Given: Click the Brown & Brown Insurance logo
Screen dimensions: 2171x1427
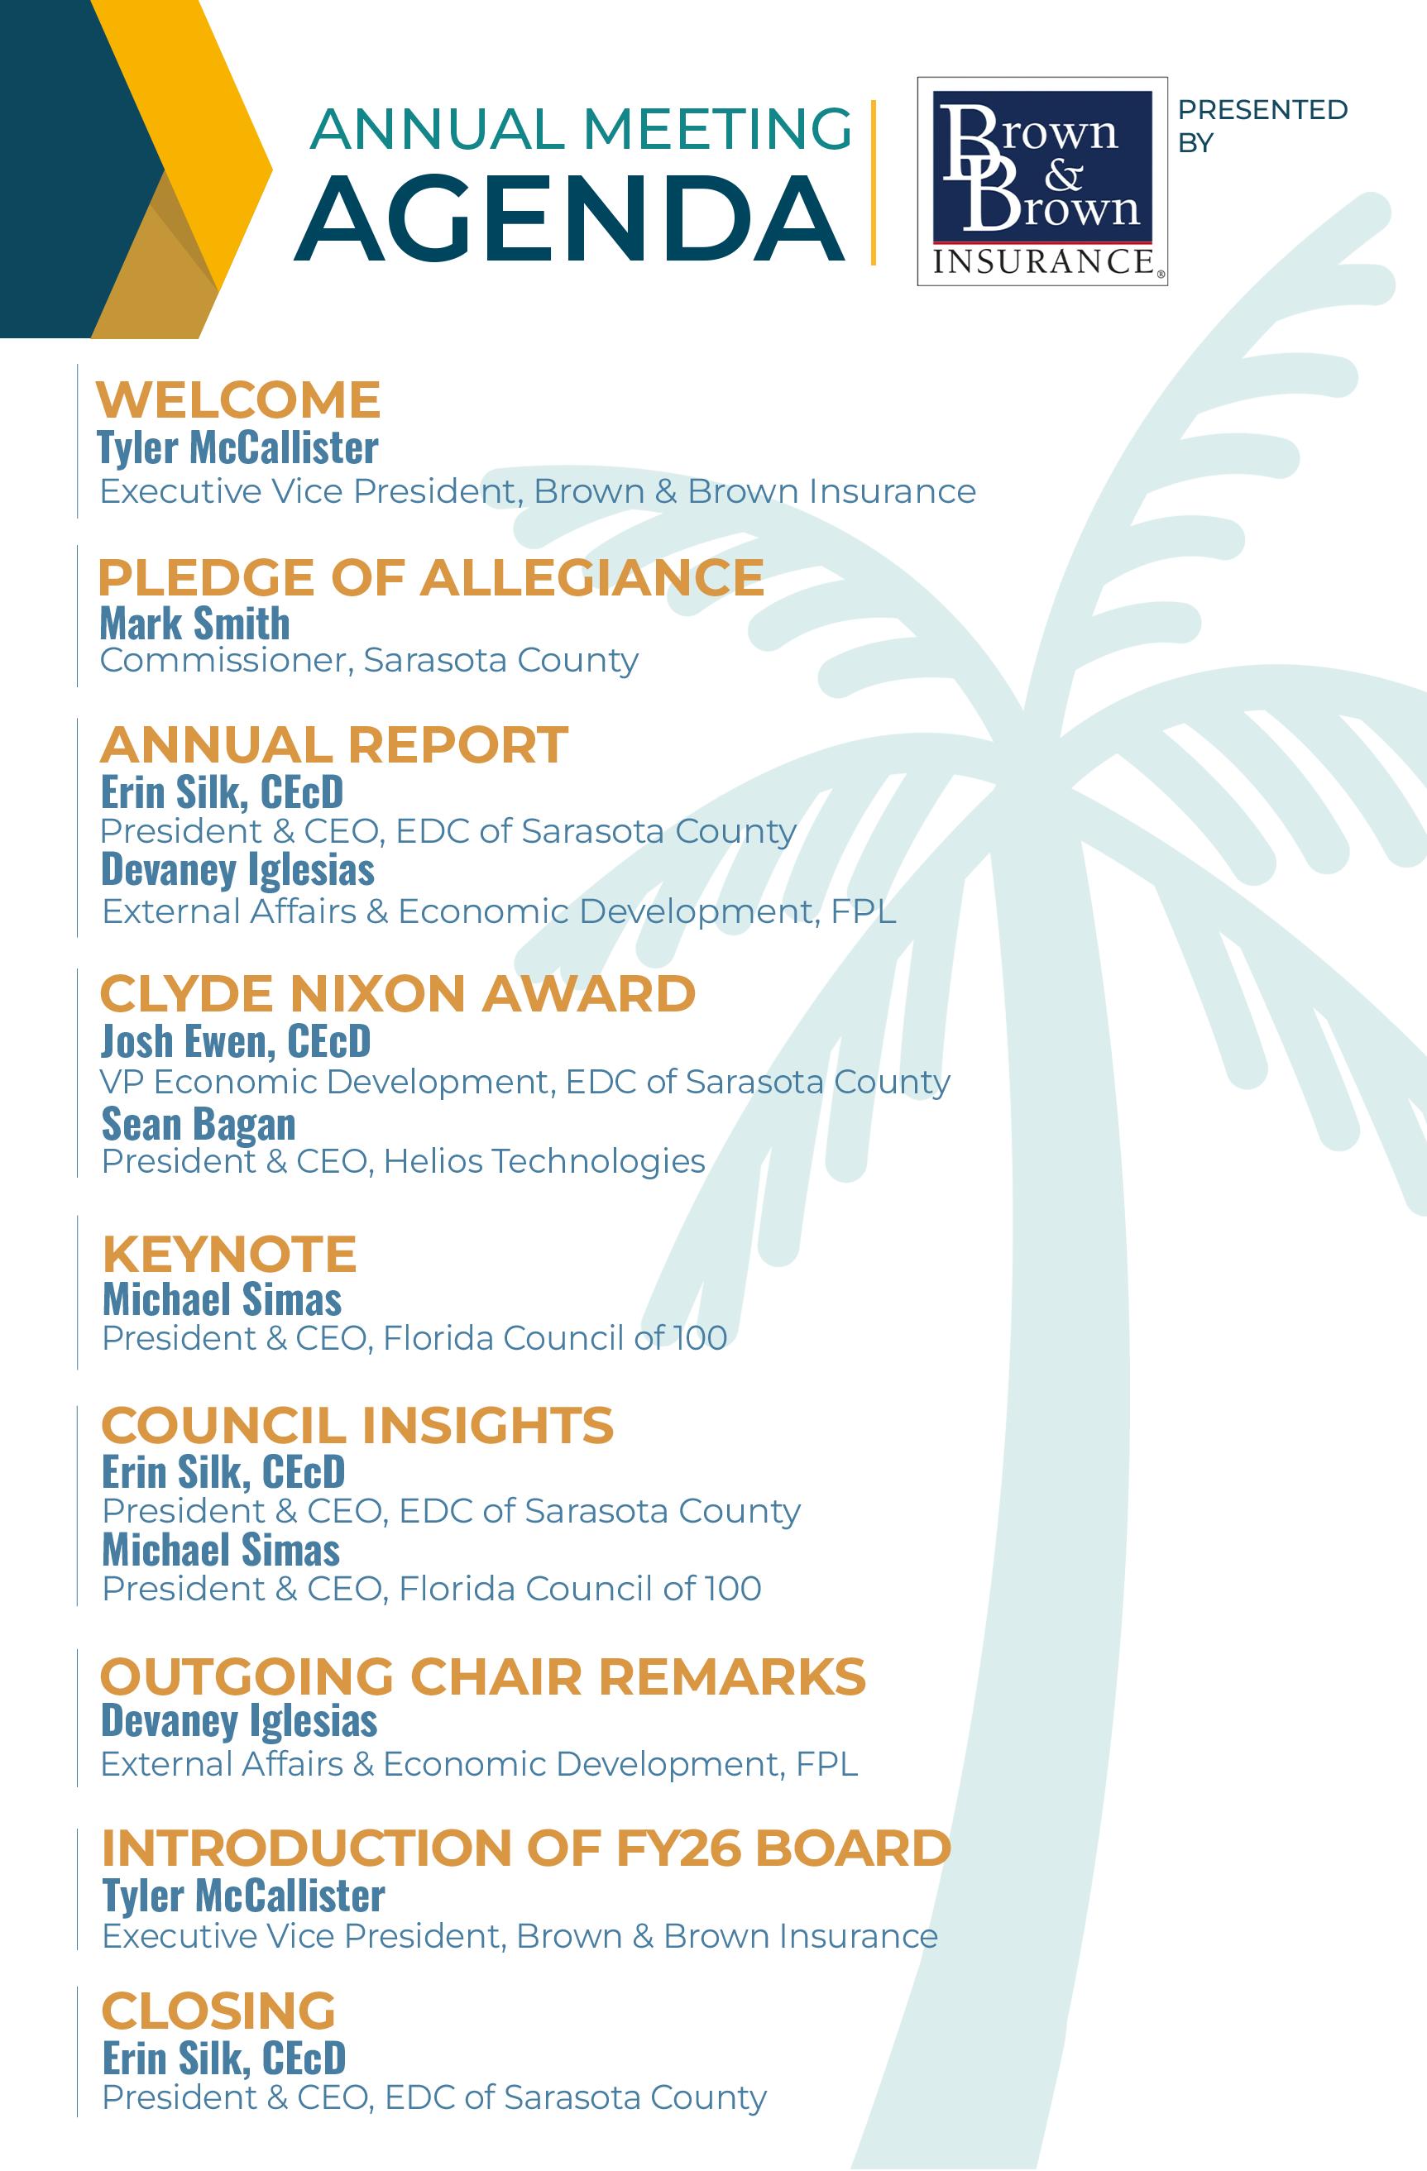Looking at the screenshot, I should tap(1042, 181).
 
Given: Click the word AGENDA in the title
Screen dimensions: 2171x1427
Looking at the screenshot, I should tap(569, 219).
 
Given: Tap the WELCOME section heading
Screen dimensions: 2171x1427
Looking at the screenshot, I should tap(238, 399).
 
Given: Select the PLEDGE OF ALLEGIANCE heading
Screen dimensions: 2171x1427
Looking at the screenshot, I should tap(431, 577).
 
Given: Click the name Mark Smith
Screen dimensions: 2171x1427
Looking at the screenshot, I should tap(194, 624).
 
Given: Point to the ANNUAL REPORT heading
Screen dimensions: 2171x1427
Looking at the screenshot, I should tap(334, 744).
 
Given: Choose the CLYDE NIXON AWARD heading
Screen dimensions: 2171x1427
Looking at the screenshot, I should tap(397, 993).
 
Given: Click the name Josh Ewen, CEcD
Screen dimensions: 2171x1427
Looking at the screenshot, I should tap(236, 1040).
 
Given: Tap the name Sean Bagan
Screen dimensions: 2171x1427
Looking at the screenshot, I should tap(198, 1124).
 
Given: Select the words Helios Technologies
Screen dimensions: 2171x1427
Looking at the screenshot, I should tap(544, 1161).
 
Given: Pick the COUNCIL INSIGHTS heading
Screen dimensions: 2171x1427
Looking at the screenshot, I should tap(357, 1426).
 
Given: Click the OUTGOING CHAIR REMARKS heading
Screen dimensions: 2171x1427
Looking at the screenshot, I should tap(482, 1676).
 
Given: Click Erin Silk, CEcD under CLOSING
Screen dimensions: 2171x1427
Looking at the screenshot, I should tap(223, 2058).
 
